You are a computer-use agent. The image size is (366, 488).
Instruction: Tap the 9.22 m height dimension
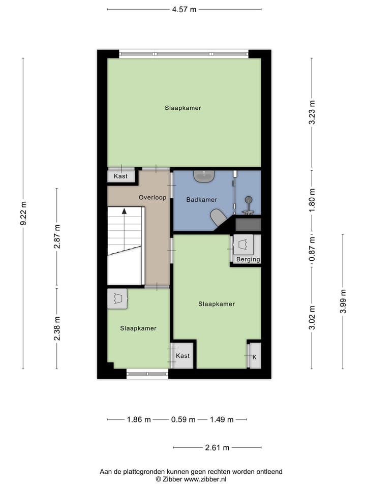point(23,213)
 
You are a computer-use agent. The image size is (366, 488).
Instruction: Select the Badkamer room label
point(201,200)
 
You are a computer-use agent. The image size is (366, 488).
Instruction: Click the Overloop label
point(152,197)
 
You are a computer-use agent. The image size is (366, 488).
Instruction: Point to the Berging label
point(248,259)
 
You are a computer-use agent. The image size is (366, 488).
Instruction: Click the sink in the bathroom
point(204,176)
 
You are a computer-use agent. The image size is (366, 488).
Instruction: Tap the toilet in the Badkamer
point(219,217)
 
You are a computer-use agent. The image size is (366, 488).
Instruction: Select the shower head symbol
point(248,200)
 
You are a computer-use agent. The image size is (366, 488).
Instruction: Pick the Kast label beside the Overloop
point(120,176)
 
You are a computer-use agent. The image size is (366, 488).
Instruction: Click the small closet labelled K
point(254,356)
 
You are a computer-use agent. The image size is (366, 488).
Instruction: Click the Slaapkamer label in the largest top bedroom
point(182,108)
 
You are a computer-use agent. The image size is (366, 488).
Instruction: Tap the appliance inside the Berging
point(245,245)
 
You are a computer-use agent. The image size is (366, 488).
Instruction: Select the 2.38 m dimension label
point(57,328)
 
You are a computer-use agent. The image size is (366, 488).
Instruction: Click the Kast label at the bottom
point(182,356)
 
